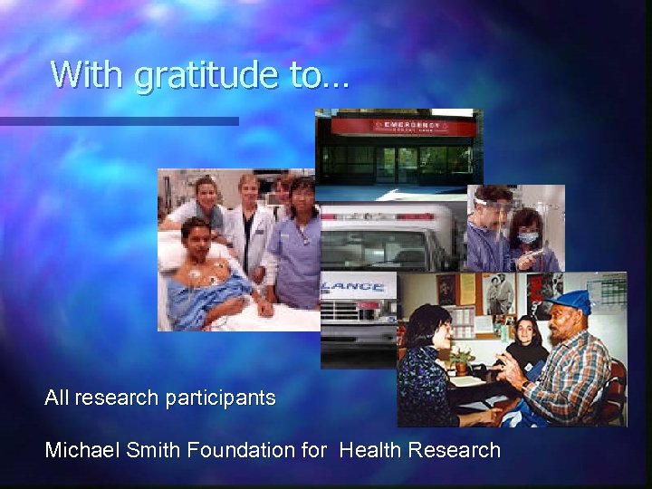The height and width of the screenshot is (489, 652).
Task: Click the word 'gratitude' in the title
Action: [207, 75]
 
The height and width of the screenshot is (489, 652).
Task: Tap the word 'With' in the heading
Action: [88, 73]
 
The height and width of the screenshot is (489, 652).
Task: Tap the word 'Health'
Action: [370, 450]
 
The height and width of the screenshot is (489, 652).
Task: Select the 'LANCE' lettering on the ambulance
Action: [359, 287]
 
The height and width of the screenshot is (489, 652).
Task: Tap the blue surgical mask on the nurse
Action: [529, 237]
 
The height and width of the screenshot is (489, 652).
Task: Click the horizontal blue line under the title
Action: [119, 120]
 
